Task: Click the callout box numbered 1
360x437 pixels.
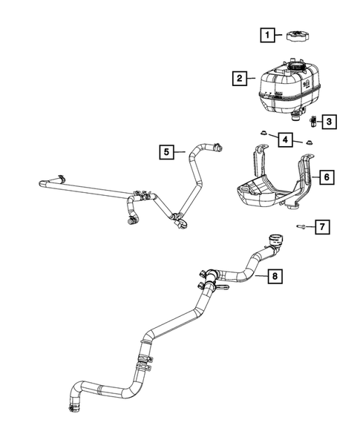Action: tap(266, 34)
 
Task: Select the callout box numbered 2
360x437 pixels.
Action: tap(238, 78)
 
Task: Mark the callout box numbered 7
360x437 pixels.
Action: tap(323, 226)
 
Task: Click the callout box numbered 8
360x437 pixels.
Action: tap(275, 276)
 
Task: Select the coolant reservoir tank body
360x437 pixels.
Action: tap(286, 93)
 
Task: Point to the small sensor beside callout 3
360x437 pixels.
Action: tap(314, 120)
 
